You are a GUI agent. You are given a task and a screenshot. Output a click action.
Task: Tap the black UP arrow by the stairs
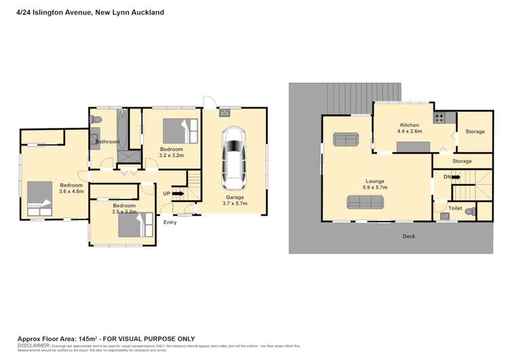[x=178, y=194]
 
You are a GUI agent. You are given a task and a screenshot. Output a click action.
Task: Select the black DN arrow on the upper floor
[x=455, y=177]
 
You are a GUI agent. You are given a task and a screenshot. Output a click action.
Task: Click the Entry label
[x=170, y=222]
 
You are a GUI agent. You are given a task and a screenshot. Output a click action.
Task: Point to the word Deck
[x=409, y=236]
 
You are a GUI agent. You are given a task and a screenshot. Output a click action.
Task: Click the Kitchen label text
[x=409, y=125]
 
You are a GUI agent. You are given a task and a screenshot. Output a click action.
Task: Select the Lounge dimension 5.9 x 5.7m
[x=375, y=188]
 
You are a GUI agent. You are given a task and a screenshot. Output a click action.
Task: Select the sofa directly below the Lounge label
[x=365, y=202]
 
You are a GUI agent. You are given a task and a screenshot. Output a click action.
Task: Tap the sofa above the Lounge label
[x=347, y=139]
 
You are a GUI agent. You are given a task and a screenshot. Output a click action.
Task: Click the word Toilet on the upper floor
[x=455, y=209]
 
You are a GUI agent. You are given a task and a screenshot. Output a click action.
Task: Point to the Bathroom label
[x=107, y=141]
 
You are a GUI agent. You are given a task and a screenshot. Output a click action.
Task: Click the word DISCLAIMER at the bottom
[x=33, y=345]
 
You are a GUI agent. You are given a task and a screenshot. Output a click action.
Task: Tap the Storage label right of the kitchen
[x=475, y=131]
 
